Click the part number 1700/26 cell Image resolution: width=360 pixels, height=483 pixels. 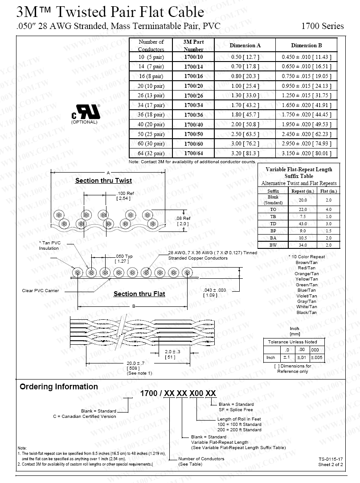tap(193, 95)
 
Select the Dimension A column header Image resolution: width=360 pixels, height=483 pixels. tap(245, 45)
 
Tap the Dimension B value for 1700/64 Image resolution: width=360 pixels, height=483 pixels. tap(307, 153)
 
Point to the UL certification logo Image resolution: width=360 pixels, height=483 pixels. tap(86, 112)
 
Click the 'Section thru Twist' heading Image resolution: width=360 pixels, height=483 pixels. tap(103, 181)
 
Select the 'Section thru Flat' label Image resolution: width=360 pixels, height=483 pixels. tap(139, 294)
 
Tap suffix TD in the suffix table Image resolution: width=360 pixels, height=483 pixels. tap(273, 223)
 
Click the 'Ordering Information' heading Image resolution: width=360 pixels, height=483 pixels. tap(58, 387)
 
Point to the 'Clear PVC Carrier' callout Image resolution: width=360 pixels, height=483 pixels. tap(41, 291)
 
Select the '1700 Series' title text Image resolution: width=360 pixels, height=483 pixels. tap(322, 26)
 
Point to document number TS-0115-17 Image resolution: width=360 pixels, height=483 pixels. tap(331, 459)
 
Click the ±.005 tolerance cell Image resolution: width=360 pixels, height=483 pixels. tap(316, 358)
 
